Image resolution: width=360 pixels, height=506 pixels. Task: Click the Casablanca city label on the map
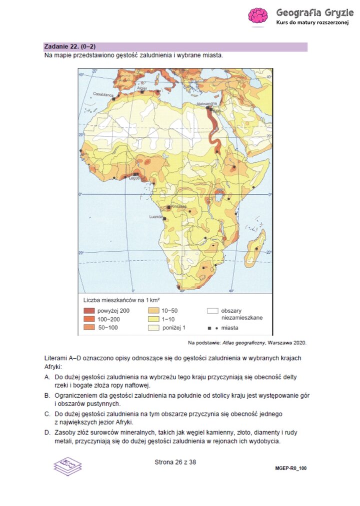coord(103,94)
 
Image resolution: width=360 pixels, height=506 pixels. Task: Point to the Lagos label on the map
coord(134,177)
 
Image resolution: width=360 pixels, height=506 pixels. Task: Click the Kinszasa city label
coord(178,206)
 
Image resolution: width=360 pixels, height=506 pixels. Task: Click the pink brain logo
coord(258,16)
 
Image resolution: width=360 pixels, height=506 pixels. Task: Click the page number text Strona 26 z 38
coord(175,462)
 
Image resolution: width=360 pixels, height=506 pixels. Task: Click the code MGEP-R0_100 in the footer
coord(290,469)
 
